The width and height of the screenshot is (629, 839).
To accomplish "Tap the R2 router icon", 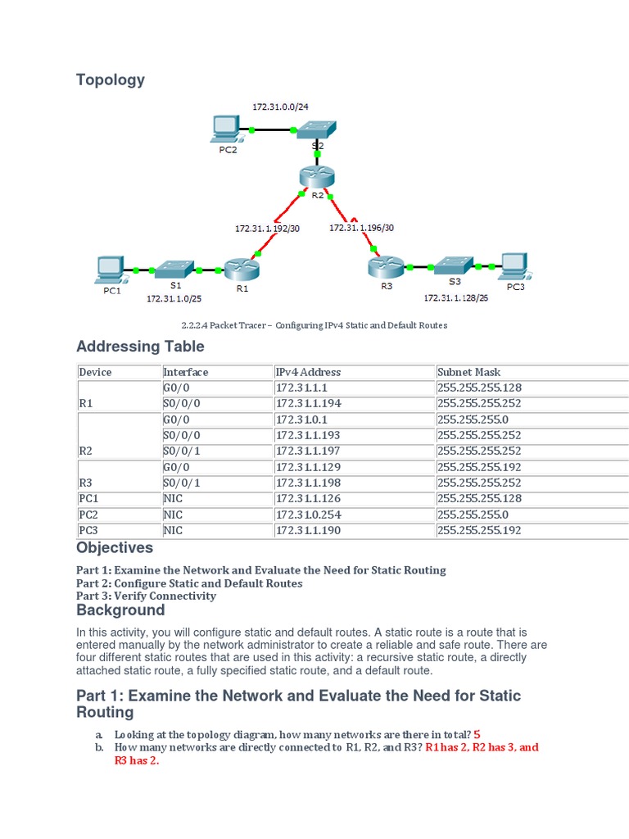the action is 313,175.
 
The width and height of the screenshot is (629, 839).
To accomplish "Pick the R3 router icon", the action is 382,266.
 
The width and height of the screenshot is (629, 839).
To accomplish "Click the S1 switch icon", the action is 173,268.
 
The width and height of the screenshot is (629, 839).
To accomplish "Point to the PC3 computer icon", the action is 514,265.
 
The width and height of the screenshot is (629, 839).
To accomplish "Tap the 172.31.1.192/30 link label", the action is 268,229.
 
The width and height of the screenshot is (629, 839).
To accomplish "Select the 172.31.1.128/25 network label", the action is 455,299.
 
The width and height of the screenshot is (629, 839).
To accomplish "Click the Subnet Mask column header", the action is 468,372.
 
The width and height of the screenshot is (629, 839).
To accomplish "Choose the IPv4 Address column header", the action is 308,372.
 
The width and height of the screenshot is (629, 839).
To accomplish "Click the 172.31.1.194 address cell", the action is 309,403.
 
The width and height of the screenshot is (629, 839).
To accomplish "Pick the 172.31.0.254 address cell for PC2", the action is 309,515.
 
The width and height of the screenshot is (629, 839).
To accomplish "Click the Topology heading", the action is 111,79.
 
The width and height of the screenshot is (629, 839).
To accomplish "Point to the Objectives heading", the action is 115,547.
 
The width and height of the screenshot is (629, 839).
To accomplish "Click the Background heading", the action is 120,610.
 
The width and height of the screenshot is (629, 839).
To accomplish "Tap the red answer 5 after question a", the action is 477,734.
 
